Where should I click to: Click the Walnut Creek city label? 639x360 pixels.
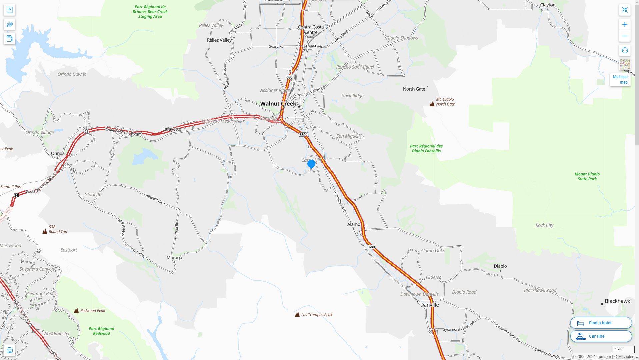tap(278, 104)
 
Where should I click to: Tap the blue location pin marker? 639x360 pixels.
tap(311, 164)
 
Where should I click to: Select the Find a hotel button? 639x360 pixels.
tap(601, 323)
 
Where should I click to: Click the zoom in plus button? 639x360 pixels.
tap(625, 24)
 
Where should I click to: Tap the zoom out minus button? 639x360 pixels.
tap(625, 36)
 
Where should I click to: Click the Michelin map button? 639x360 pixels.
tap(620, 79)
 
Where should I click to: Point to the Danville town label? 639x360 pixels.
tap(429, 305)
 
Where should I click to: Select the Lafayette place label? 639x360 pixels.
tap(172, 129)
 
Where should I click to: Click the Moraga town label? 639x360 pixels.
tap(174, 258)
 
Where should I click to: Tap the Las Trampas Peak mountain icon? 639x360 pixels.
tap(297, 315)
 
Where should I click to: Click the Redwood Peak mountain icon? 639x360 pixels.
tap(76, 311)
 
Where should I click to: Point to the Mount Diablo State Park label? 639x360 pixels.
tap(587, 176)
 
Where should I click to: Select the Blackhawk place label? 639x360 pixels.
tap(617, 301)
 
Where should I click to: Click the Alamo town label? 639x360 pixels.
tap(354, 224)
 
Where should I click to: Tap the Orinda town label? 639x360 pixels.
tap(58, 153)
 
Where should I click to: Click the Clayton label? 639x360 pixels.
tap(548, 5)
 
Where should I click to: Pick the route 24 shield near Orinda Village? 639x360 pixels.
tap(86, 132)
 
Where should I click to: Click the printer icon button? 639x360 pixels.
tap(9, 350)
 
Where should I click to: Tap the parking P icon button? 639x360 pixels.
tap(9, 10)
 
